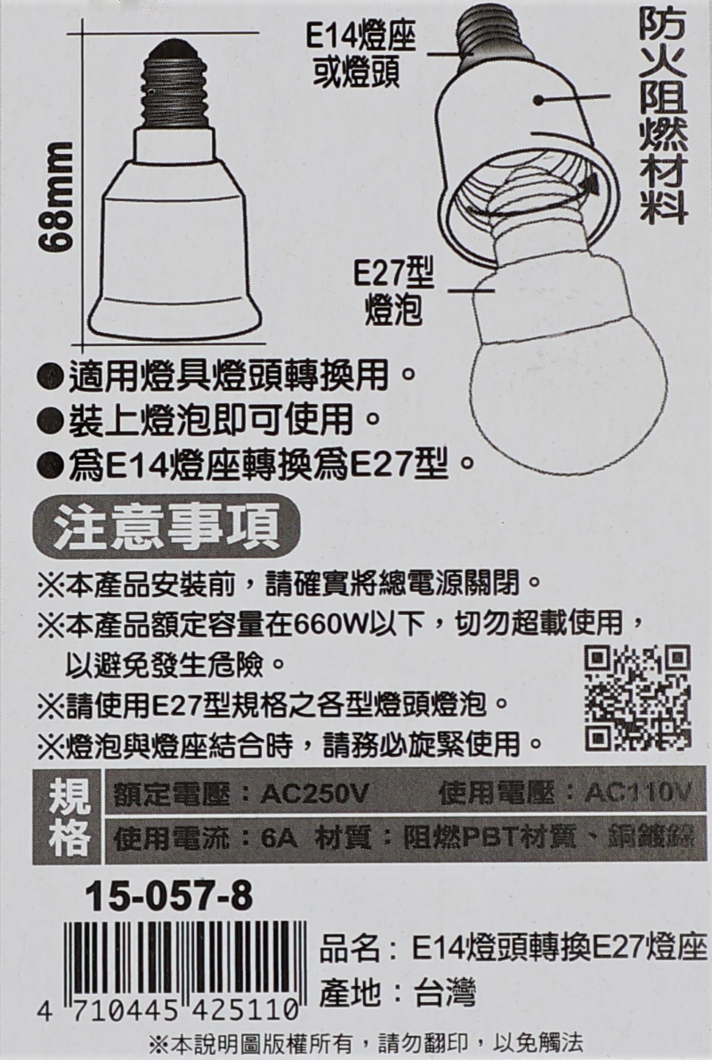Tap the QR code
[637, 698]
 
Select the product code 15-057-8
[168, 898]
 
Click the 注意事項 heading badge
[166, 527]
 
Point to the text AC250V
[314, 794]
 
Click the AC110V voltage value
[638, 792]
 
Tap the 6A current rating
[279, 839]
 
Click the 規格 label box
[69, 816]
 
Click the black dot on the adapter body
[538, 100]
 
